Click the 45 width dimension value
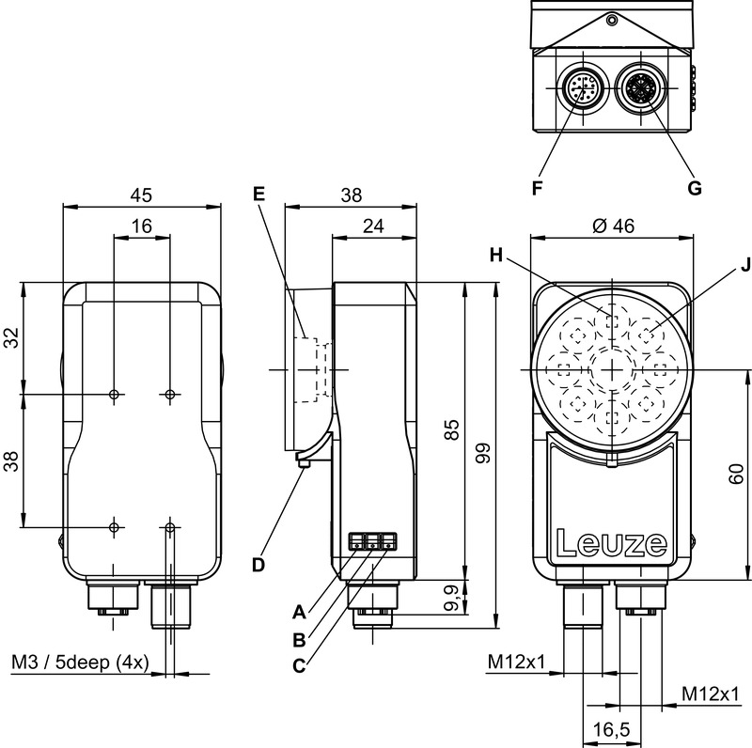(141, 195)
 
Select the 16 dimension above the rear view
(141, 226)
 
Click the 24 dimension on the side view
(374, 226)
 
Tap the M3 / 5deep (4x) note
(81, 663)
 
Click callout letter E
(259, 195)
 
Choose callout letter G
(694, 188)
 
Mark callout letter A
(299, 613)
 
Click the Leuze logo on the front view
(611, 543)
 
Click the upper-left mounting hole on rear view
(114, 393)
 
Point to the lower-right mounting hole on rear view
(170, 527)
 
